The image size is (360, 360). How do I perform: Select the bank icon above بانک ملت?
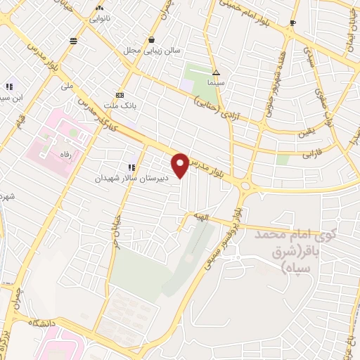tap(120, 95)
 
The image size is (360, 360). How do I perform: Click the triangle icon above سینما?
tap(217, 72)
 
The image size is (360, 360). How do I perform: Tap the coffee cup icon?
tap(293, 23)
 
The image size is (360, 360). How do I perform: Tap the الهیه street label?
tap(202, 219)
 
